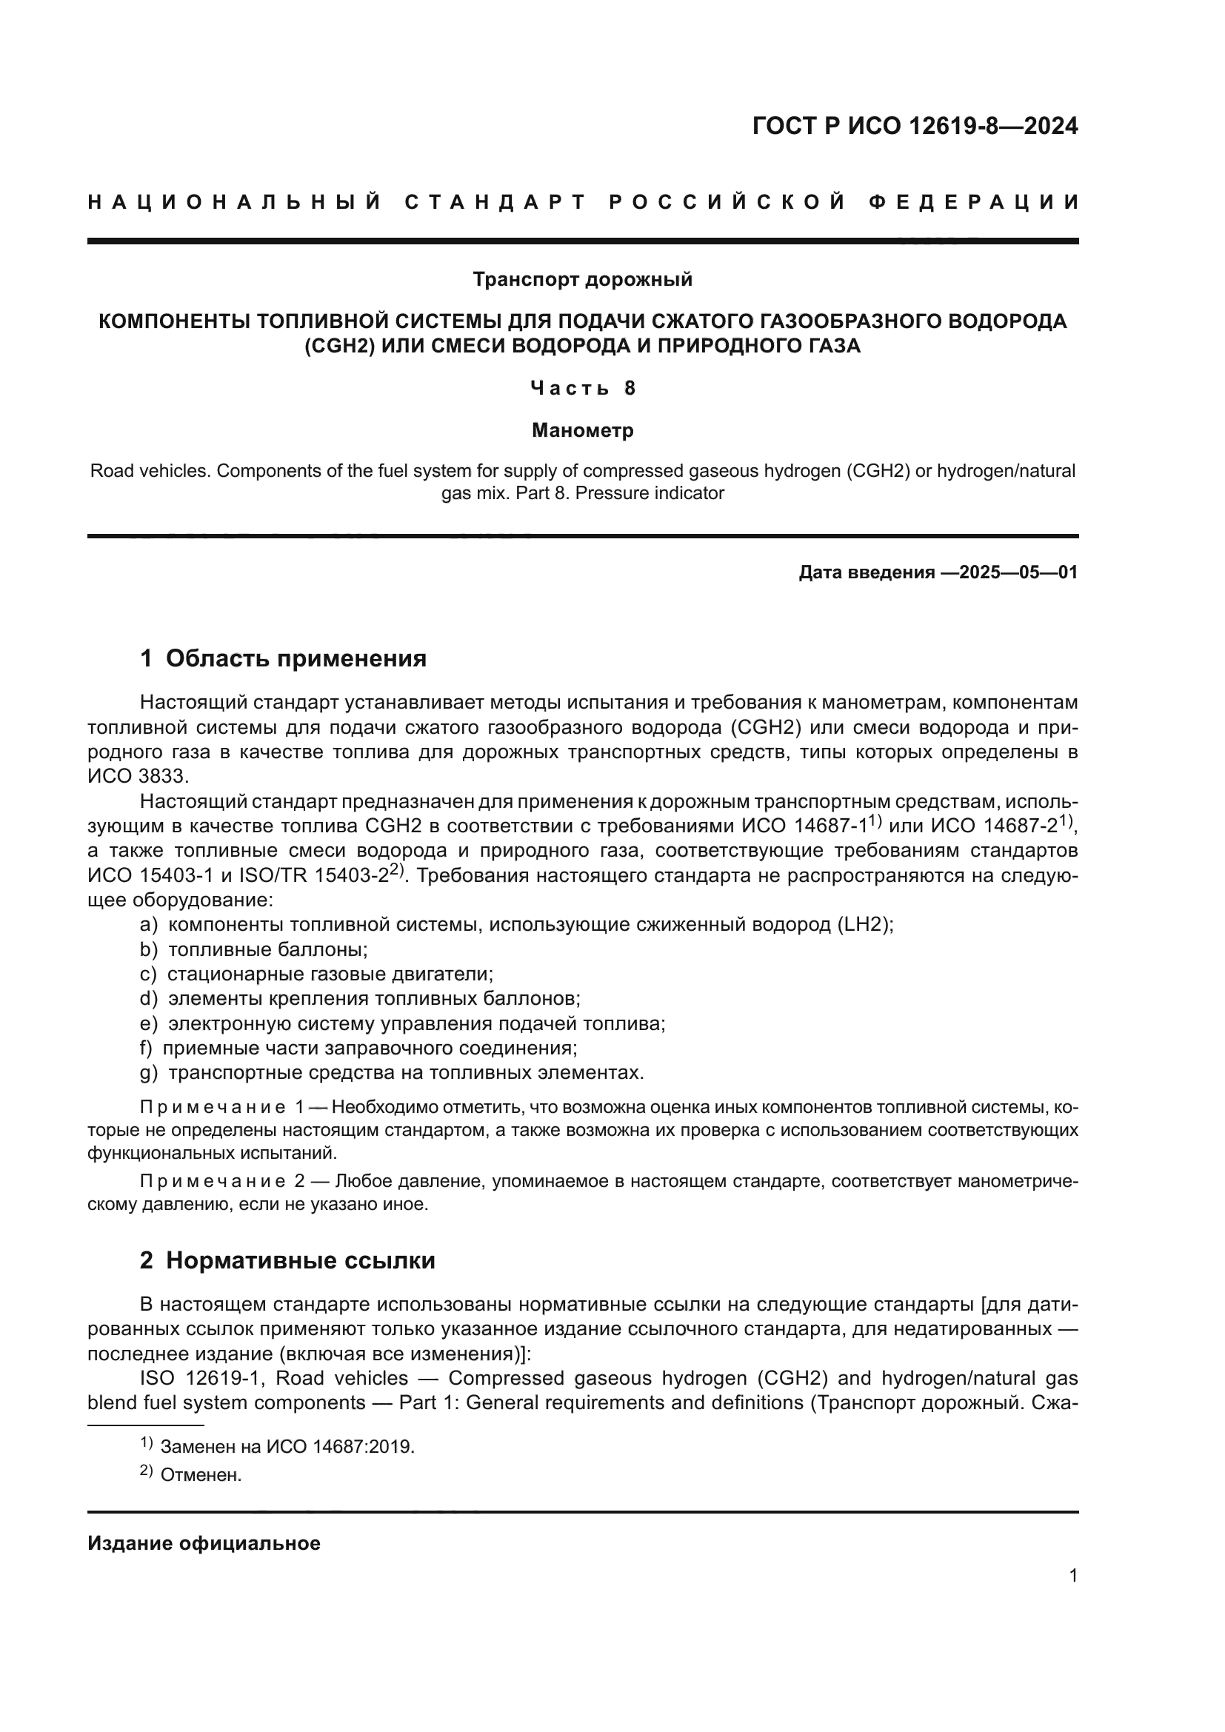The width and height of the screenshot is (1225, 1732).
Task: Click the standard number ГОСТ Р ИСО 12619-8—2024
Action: tap(914, 126)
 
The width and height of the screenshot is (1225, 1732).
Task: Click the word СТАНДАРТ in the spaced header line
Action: tap(495, 202)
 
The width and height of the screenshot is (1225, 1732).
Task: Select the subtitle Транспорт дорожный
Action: tap(582, 280)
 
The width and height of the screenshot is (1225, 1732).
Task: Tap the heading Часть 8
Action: tap(582, 388)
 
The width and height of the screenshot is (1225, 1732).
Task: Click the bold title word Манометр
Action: tap(582, 430)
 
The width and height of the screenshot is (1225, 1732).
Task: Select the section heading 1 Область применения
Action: tap(283, 658)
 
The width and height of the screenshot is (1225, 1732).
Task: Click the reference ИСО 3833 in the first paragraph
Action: tap(137, 776)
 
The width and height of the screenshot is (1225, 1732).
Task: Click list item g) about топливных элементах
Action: tap(393, 1073)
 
